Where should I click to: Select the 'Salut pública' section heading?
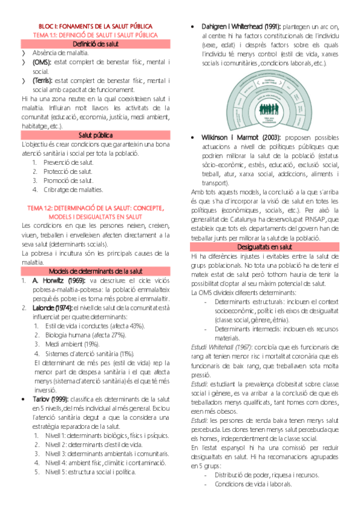96,135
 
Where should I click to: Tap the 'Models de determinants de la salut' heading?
96,254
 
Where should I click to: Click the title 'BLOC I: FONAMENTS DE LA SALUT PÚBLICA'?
96,26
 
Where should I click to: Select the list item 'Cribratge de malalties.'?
69,189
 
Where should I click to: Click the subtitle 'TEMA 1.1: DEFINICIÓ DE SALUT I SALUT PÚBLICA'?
96,35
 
